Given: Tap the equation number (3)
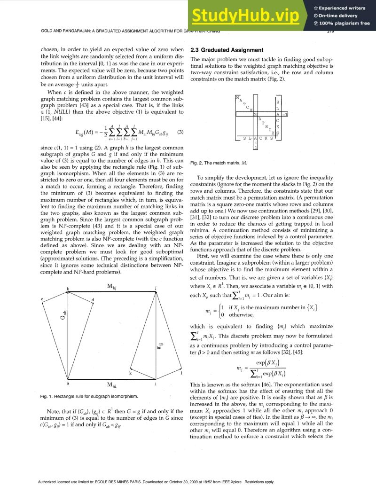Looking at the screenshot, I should click(x=179, y=132).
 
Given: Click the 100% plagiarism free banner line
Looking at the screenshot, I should click(x=342, y=24).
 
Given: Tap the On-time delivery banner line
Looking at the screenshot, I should click(x=338, y=16).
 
